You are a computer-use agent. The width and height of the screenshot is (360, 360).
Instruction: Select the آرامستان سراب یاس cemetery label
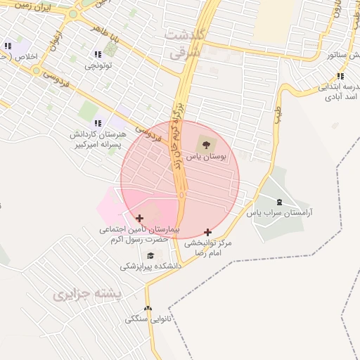[x=280, y=212]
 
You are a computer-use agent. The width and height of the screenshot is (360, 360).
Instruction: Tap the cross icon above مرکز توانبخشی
[x=207, y=232]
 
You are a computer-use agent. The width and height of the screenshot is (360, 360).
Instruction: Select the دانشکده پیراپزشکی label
[x=150, y=266]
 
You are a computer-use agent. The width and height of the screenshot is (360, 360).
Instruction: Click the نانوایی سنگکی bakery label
[x=148, y=319]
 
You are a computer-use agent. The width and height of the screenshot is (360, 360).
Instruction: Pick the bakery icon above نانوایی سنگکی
[x=148, y=309]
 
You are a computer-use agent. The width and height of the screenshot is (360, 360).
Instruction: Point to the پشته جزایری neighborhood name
[x=88, y=293]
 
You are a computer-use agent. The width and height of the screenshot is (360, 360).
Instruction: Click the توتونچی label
[x=98, y=65]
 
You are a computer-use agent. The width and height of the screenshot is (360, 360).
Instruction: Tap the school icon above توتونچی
[x=97, y=54]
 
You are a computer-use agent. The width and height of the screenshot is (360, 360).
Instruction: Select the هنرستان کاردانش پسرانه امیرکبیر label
[x=98, y=139]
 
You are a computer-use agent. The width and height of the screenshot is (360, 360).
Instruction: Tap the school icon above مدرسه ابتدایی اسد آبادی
[x=340, y=76]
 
